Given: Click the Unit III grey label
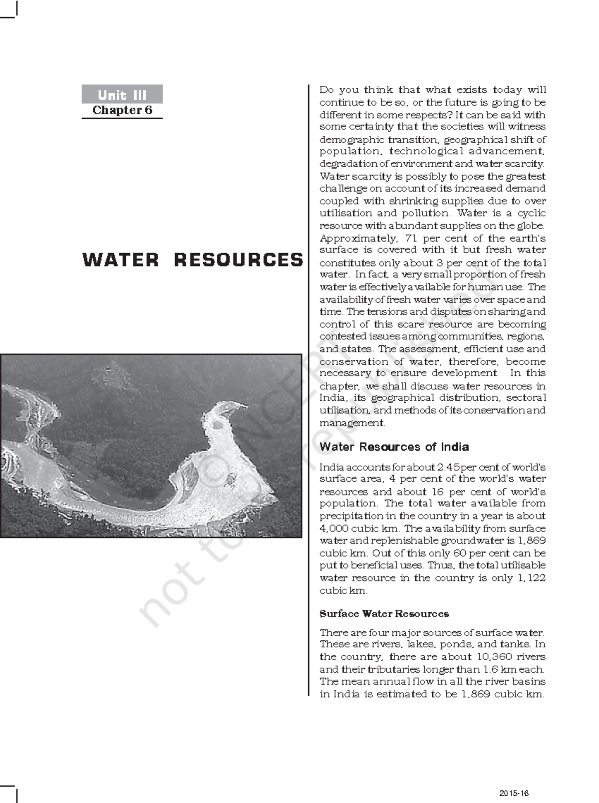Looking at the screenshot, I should coord(122,94).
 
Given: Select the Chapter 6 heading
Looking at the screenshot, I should coord(122,110).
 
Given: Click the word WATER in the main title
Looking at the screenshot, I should coord(120,260).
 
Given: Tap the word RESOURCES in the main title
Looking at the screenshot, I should coord(238,260).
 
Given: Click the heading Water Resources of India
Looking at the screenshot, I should coord(394,447).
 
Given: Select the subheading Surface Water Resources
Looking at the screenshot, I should coord(384,614).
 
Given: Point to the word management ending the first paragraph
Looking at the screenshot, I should coord(352,423).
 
